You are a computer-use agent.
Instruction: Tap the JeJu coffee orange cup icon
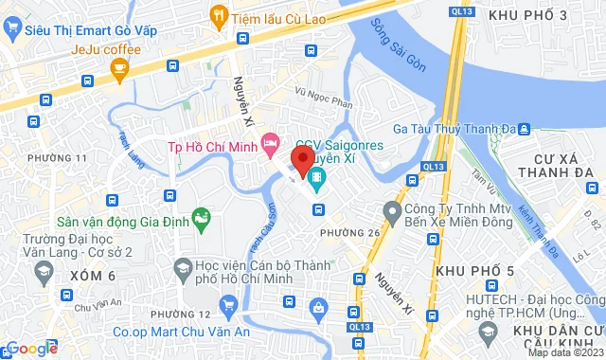pyautogui.click(x=119, y=67)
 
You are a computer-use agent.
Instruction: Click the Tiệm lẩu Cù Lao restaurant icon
pyautogui.click(x=220, y=15)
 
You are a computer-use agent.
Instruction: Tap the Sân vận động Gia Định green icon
pyautogui.click(x=202, y=221)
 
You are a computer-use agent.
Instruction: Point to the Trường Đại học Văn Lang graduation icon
pyautogui.click(x=43, y=274)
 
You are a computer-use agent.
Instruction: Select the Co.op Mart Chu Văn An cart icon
pyautogui.click(x=227, y=305)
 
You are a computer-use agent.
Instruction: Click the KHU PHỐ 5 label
pyautogui.click(x=475, y=272)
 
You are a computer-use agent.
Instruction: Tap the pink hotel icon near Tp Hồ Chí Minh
pyautogui.click(x=272, y=143)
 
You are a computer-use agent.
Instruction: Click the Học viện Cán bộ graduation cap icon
pyautogui.click(x=180, y=271)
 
